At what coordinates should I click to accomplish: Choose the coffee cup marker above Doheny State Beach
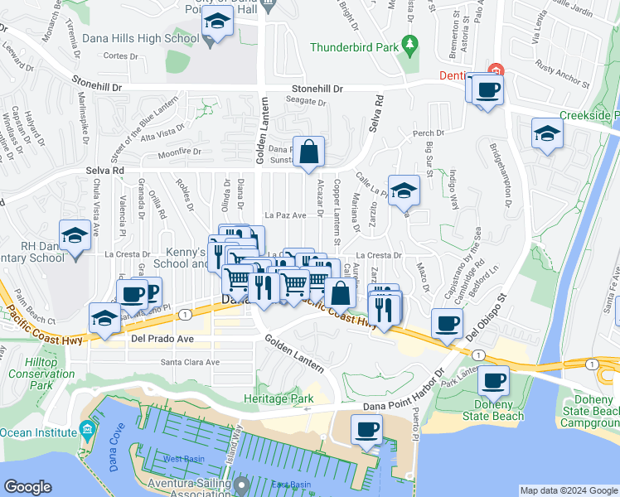tap(493, 381)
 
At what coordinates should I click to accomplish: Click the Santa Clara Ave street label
tap(191, 362)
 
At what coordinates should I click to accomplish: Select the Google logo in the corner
tap(28, 487)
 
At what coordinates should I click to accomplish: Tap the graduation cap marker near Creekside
tap(548, 133)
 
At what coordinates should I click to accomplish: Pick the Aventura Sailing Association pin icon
tap(242, 483)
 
